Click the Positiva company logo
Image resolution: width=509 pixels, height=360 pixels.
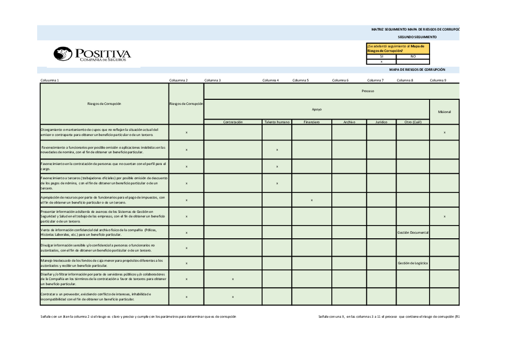pyautogui.click(x=92, y=54)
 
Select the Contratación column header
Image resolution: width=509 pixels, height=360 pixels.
pyautogui.click(x=233, y=122)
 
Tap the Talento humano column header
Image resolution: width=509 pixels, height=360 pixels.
pyautogui.click(x=277, y=122)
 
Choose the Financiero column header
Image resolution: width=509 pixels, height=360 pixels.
pyautogui.click(x=312, y=122)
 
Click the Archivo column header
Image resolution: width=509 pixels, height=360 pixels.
pyautogui.click(x=349, y=122)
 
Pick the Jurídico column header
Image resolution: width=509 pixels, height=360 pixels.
pyautogui.click(x=381, y=122)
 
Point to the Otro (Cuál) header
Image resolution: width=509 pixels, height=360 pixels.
pyautogui.click(x=412, y=122)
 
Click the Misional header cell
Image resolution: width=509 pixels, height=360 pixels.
pyautogui.click(x=444, y=112)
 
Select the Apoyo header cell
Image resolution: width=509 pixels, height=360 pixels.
pyautogui.click(x=317, y=109)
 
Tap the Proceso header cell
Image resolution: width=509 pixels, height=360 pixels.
pyautogui.click(x=367, y=91)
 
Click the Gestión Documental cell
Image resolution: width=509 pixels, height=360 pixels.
pyautogui.click(x=413, y=233)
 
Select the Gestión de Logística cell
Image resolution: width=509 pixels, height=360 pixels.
pyautogui.click(x=413, y=263)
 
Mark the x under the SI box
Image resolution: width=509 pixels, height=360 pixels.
pyautogui.click(x=381, y=62)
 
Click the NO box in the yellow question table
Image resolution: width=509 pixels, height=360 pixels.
pyautogui.click(x=413, y=57)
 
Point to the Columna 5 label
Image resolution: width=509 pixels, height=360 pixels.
pyautogui.click(x=301, y=80)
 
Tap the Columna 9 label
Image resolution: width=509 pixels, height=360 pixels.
pyautogui.click(x=438, y=80)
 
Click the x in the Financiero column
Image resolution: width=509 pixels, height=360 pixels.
pyautogui.click(x=312, y=200)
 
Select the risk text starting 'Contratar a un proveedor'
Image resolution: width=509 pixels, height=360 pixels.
pyautogui.click(x=97, y=296)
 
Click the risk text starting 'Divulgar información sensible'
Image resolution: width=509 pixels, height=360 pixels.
pyautogui.click(x=97, y=247)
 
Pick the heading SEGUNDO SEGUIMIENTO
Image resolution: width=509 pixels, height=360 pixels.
pyautogui.click(x=417, y=37)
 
